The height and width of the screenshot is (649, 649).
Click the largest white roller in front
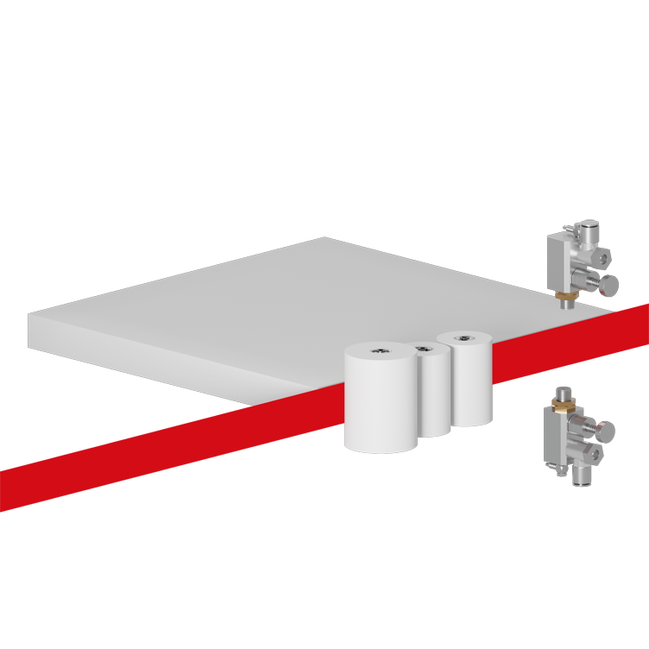coord(381,401)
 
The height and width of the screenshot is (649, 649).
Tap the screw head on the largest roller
coord(380,350)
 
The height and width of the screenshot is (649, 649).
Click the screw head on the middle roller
coord(422,349)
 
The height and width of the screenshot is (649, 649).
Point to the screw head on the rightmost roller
coord(464,337)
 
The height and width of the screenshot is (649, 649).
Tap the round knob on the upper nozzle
coord(608,284)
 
